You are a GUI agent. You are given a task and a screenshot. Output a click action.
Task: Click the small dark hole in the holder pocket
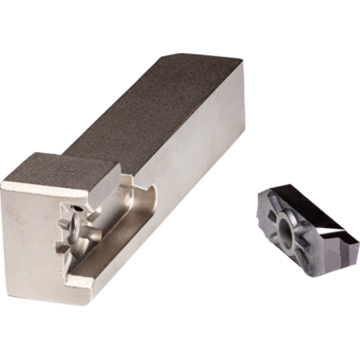[x=77, y=208]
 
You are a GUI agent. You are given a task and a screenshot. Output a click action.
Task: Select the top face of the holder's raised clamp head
[x=59, y=166]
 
